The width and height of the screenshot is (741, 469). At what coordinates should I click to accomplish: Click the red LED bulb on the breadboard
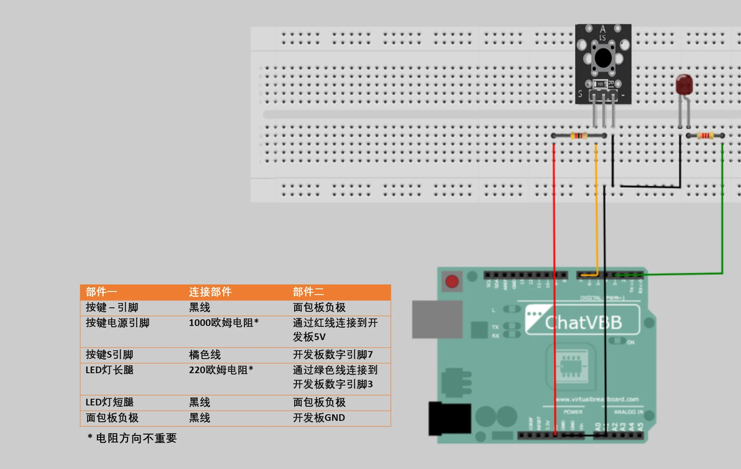pos(684,85)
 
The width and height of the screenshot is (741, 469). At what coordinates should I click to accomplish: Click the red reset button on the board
pos(452,282)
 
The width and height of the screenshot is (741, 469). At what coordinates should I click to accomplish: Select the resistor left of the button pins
pos(579,136)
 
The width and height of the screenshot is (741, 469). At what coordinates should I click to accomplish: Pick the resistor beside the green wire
pos(706,136)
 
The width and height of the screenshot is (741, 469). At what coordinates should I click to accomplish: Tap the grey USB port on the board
pos(437,319)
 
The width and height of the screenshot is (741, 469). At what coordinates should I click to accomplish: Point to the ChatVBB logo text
pos(583,322)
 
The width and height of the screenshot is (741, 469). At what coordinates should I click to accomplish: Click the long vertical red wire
pos(555,280)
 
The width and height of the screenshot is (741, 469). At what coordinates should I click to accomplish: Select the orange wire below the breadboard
pos(597,211)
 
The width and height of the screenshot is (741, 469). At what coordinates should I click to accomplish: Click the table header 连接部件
pos(210,292)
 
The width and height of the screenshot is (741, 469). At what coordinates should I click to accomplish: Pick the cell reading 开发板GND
pos(318,417)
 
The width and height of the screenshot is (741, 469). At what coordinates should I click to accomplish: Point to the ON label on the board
pos(631,343)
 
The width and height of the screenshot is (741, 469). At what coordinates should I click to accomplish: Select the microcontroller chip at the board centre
pos(571,366)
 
